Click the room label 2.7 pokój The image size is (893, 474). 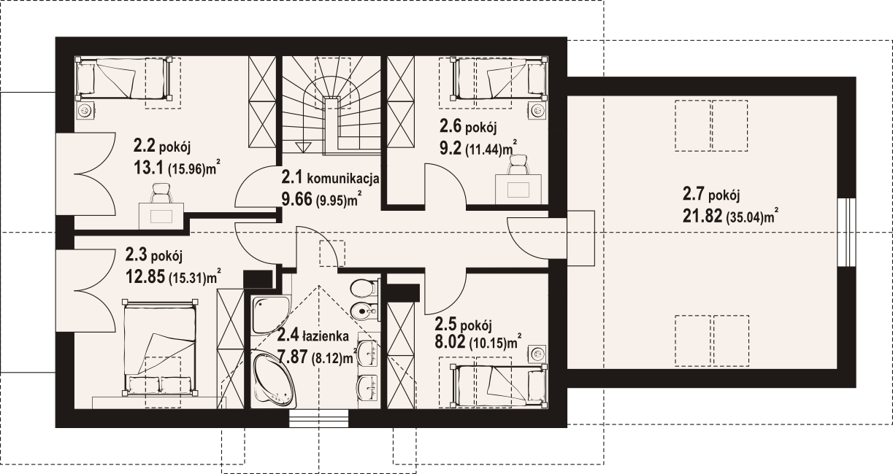711,195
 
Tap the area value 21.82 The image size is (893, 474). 702,216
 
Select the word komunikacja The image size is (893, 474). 343,179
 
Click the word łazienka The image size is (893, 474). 326,336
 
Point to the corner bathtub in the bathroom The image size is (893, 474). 274,379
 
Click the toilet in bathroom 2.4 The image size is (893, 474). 364,287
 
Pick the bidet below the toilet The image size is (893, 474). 364,311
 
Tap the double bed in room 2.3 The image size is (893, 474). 160,347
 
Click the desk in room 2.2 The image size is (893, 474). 161,216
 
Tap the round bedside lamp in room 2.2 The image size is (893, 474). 85,110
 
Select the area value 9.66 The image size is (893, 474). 296,199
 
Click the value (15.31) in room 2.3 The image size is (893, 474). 186,278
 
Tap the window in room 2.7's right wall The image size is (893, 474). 846,232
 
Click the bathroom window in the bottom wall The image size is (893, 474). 318,419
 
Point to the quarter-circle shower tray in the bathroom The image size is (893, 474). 270,315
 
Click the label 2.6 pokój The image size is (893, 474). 468,127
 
